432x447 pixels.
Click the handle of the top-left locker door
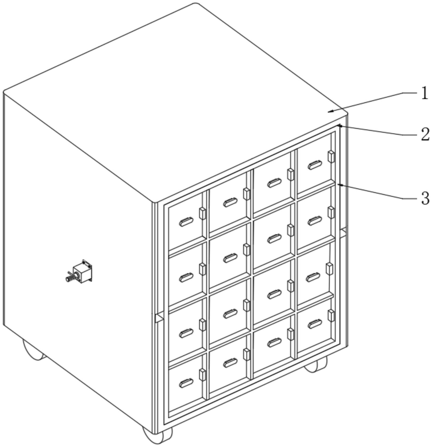186,222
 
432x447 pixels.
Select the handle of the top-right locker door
315,165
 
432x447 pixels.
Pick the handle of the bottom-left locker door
186,383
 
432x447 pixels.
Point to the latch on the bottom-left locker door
202,375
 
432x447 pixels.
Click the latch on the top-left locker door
202,213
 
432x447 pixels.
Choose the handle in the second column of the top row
230,203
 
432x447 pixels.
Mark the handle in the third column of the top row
274,183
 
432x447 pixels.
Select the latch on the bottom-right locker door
331,316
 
